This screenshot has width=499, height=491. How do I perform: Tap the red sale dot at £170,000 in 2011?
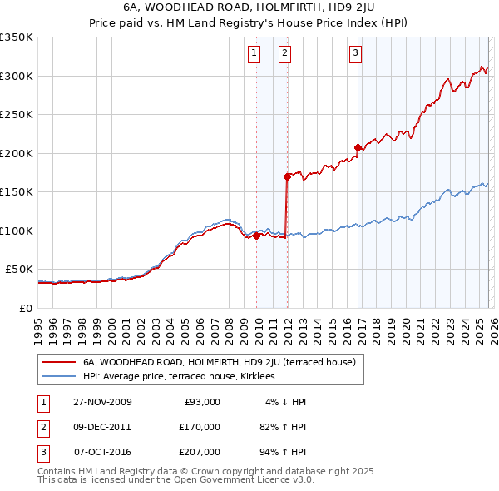287,176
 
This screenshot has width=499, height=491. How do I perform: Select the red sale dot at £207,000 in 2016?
358,148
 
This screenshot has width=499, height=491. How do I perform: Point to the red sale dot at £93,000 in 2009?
256,236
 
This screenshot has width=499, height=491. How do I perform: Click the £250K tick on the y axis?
17,115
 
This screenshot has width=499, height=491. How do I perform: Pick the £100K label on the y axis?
17,231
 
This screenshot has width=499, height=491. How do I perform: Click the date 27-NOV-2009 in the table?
102,402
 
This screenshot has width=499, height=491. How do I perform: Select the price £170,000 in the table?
199,427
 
